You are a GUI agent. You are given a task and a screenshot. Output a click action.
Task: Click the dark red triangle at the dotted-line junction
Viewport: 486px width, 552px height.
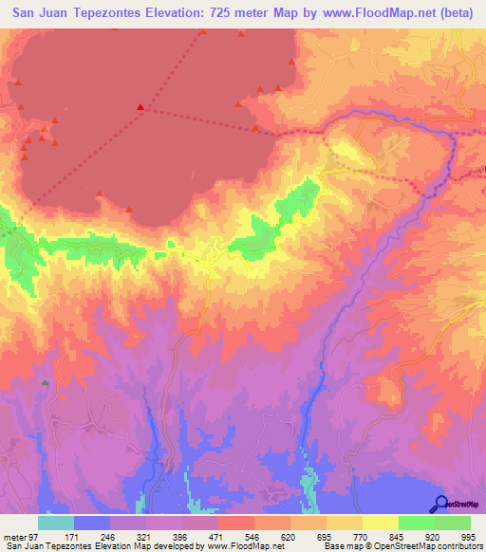140,106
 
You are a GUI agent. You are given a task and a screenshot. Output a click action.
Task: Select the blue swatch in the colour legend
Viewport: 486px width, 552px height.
91,523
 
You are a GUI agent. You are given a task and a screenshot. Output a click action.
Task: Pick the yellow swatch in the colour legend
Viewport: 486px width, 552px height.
380,523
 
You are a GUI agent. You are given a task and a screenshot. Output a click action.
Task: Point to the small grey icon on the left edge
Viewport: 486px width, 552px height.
44,382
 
